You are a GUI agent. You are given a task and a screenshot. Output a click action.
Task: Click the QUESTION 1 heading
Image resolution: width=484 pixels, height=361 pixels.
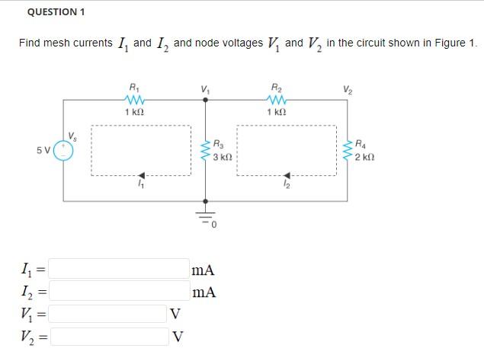tap(56, 12)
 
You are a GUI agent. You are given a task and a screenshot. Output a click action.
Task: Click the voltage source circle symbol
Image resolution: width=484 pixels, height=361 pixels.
tap(63, 151)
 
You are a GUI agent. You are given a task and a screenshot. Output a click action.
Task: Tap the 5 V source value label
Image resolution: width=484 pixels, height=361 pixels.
tap(43, 150)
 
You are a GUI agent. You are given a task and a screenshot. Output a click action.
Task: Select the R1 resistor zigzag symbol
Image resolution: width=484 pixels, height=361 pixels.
tap(134, 100)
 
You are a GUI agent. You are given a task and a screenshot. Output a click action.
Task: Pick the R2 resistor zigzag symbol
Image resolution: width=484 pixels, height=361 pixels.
tap(277, 100)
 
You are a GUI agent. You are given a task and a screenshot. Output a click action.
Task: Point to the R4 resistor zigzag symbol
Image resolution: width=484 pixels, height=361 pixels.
tap(348, 150)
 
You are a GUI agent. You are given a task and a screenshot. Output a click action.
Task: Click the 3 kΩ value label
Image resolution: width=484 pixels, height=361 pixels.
tap(223, 157)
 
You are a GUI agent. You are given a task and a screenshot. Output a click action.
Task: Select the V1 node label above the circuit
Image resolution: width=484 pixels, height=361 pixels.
tap(204, 88)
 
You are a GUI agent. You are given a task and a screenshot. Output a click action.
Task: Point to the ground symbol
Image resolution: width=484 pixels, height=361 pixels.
tap(204, 216)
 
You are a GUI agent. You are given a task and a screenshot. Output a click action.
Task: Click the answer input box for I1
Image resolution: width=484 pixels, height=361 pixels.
tap(120, 269)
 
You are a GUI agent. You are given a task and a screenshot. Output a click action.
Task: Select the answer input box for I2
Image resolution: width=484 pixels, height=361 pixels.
tap(120, 291)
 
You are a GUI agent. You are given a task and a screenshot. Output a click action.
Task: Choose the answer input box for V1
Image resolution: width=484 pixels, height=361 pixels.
tap(109, 314)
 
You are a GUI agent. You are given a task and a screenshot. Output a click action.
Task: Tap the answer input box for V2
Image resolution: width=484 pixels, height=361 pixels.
tap(109, 336)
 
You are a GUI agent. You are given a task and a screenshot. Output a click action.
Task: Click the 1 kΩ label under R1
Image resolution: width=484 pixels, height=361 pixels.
tap(134, 112)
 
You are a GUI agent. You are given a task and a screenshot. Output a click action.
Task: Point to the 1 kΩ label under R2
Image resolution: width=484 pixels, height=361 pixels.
tap(277, 112)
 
